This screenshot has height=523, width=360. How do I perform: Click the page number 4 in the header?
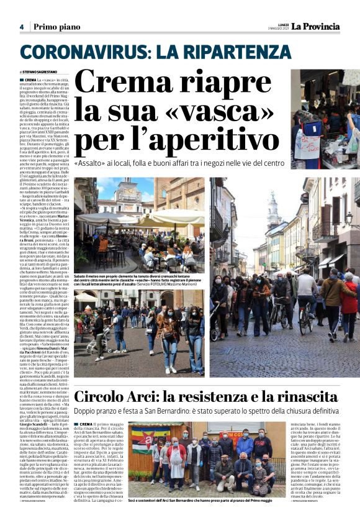pyautogui.click(x=21, y=27)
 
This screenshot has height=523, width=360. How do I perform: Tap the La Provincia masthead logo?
pyautogui.click(x=317, y=26)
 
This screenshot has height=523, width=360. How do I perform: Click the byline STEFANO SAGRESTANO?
pyautogui.click(x=45, y=73)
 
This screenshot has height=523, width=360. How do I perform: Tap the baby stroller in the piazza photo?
pyautogui.click(x=94, y=339)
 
